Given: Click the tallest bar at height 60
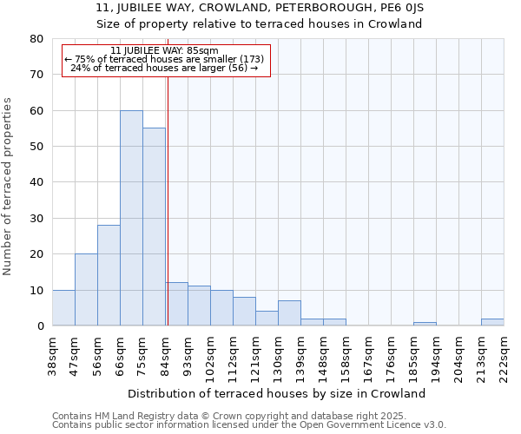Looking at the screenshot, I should pos(131,218).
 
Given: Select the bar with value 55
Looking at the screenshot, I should pos(154,227).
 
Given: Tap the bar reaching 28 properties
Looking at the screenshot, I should pos(109,275).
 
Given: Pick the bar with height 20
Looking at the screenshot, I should pos(86,290).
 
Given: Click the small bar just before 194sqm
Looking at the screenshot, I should pos(425,324).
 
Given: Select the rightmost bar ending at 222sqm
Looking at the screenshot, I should pos(492,322).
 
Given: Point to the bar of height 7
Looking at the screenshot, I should pos(289,313).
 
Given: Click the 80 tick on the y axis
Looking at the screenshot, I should pos(36,39).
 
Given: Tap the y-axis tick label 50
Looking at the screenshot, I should pos(36,147).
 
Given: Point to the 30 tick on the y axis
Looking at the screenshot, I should pos(36,219).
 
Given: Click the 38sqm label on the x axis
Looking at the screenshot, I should pos(52,357).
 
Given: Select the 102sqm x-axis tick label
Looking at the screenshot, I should pos(210,358).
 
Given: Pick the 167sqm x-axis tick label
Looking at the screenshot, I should pos(368,358).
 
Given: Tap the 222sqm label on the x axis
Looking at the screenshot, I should pos(504,358).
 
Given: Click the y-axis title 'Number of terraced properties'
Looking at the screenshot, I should pos(8,186).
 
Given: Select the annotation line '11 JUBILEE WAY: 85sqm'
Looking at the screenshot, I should pos(165,51).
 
